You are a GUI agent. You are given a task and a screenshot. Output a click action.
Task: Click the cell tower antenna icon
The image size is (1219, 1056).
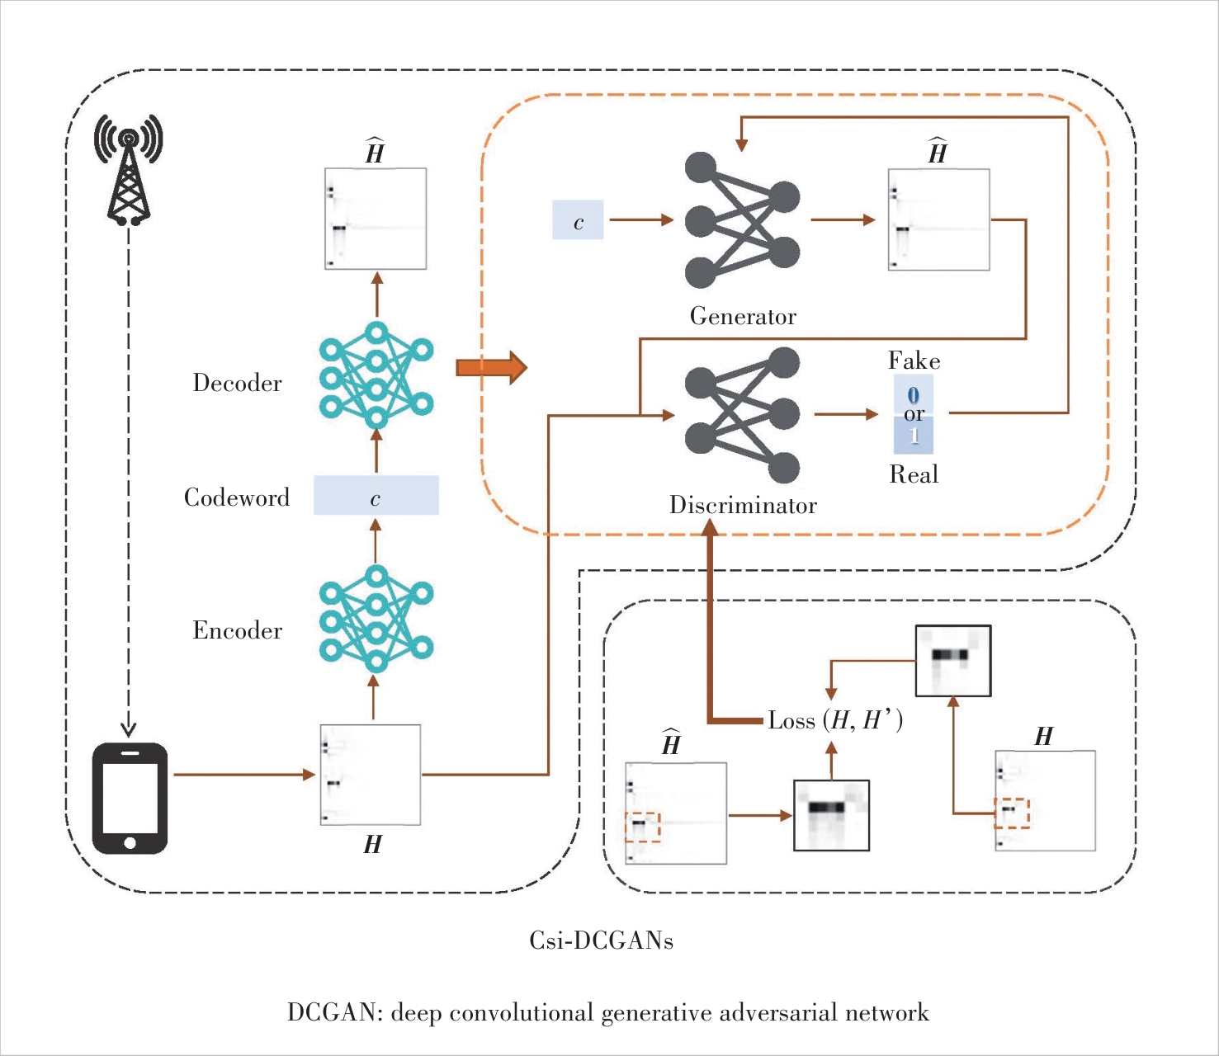(128, 169)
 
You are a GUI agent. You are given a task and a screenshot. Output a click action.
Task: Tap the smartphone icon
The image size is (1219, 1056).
(130, 799)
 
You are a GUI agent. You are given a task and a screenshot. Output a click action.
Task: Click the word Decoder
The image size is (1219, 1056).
(237, 384)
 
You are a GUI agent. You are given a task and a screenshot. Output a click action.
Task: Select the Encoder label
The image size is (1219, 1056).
(237, 631)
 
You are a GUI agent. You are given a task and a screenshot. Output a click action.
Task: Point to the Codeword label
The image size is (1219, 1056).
(237, 497)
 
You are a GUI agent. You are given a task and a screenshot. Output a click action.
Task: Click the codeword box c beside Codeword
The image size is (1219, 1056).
(376, 496)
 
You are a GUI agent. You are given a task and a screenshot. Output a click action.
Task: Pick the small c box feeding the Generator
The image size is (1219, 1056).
(578, 220)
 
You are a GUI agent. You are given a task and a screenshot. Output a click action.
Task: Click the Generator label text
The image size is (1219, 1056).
(743, 317)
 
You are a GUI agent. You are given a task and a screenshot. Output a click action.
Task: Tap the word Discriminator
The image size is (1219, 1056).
(743, 506)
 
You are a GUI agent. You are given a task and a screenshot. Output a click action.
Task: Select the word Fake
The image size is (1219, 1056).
(914, 361)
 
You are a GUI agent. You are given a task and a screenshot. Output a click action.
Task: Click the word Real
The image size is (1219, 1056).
(914, 474)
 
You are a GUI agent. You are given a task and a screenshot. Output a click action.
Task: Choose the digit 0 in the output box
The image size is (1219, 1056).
(913, 394)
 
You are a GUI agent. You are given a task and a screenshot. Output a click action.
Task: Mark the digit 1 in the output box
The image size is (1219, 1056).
(914, 435)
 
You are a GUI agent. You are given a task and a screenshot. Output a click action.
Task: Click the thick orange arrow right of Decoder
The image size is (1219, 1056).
(491, 367)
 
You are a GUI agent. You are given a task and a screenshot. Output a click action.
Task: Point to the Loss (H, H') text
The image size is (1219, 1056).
(835, 721)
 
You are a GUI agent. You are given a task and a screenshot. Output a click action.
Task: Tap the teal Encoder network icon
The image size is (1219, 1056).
(376, 619)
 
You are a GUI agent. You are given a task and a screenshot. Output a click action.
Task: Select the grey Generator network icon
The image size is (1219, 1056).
(741, 220)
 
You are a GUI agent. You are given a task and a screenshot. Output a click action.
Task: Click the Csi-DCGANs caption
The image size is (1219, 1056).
(601, 940)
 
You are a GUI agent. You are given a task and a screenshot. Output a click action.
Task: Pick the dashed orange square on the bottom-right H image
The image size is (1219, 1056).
(1012, 813)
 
